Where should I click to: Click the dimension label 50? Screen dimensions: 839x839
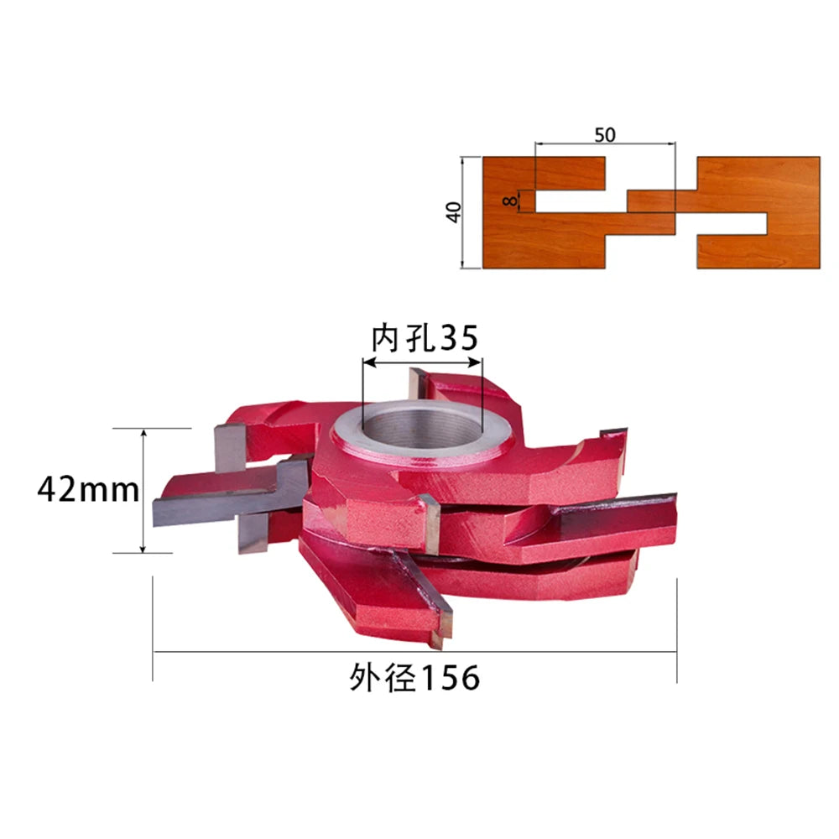tap(605, 135)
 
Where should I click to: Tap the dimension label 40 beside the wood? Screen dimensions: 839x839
tap(453, 212)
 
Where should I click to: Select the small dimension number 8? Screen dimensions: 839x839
tap(511, 201)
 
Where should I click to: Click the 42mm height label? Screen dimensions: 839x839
tap(88, 490)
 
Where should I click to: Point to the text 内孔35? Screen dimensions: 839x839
tap(425, 337)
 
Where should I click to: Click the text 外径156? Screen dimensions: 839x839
tap(414, 678)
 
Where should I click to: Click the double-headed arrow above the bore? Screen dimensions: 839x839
tap(422, 362)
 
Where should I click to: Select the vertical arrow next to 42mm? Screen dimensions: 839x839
tap(143, 491)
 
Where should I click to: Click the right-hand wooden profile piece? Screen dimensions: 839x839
tap(749, 212)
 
